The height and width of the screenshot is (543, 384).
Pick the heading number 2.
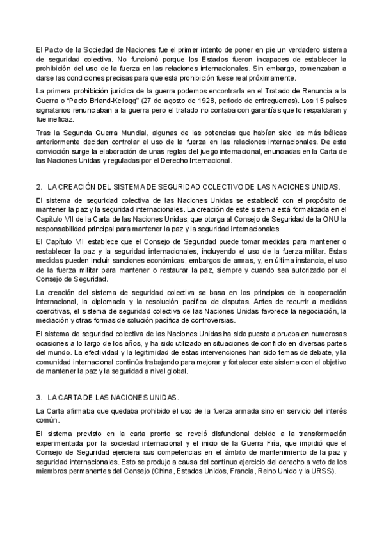[x=40, y=186]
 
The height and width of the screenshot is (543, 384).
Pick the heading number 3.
[x=40, y=396]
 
